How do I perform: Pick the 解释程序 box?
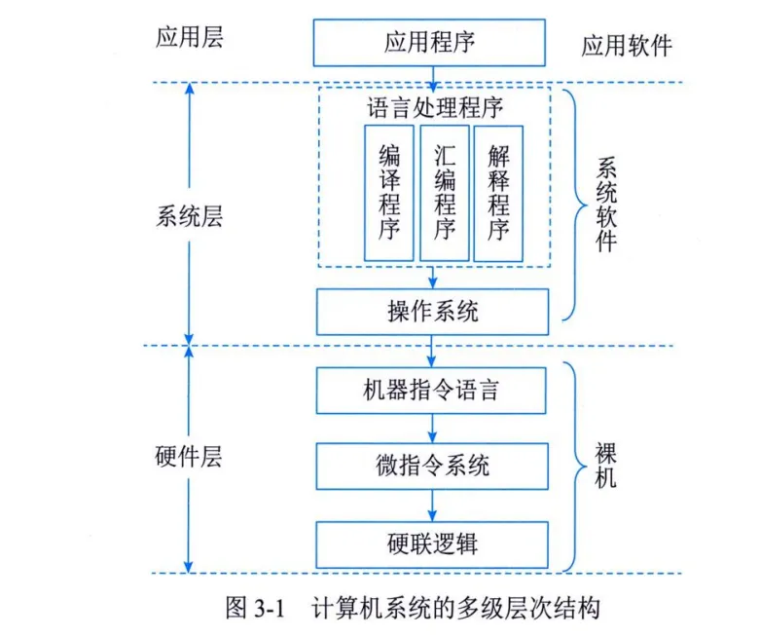[499, 192]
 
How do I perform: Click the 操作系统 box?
[431, 312]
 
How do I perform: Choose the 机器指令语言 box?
[431, 390]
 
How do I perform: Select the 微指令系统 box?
[431, 466]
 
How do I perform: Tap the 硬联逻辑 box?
[431, 543]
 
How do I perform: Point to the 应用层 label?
[189, 38]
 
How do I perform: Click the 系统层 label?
[189, 216]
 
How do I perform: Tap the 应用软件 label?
[627, 46]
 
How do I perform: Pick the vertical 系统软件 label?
[605, 205]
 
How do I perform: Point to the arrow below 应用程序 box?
[431, 74]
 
